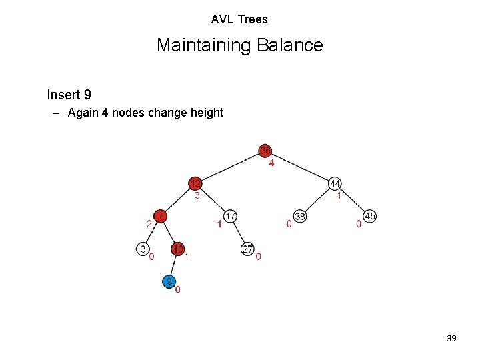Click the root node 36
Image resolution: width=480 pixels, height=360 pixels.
(265, 150)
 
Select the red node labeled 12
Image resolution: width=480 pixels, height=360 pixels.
(195, 183)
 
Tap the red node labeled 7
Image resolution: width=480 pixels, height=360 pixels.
(161, 216)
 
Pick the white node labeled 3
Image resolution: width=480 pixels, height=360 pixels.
(143, 249)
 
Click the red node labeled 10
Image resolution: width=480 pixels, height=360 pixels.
(178, 249)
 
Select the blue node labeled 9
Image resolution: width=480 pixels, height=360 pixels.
(170, 281)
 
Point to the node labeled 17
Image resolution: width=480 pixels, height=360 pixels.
(230, 216)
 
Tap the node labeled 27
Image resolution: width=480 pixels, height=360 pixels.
(248, 249)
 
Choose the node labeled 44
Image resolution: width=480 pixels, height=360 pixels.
(335, 183)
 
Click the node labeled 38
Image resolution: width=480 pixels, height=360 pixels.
(300, 216)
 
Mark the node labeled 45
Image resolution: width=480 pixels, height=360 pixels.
(370, 216)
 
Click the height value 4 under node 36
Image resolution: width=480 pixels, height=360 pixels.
(271, 163)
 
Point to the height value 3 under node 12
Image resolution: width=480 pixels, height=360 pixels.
(197, 196)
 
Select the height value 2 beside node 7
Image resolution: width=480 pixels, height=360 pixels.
(149, 224)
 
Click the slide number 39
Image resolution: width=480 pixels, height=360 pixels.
(451, 339)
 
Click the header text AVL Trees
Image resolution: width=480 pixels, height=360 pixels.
(239, 19)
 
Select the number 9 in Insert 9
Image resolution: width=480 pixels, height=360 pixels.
(87, 95)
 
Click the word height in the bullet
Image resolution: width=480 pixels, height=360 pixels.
(207, 113)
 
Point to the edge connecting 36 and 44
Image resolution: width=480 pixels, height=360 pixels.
(300, 167)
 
